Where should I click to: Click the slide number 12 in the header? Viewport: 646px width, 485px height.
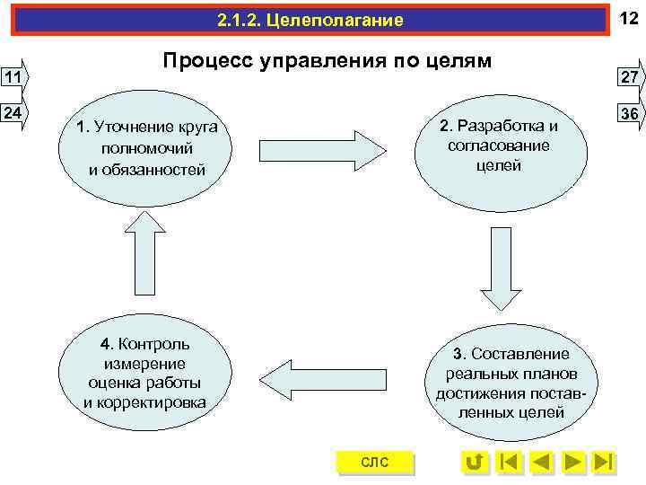point(628,18)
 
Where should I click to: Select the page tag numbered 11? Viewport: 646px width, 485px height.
point(13,77)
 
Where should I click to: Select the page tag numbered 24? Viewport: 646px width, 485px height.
point(13,114)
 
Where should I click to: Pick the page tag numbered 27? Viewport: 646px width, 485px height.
point(629,77)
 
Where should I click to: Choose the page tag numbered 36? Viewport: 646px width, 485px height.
point(629,114)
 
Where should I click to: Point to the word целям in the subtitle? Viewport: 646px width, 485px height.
point(458,61)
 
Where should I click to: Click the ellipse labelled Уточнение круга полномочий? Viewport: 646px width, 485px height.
point(147,147)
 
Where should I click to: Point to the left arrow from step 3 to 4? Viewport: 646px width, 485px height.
point(318,376)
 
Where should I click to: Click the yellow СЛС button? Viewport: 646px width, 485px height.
point(374,463)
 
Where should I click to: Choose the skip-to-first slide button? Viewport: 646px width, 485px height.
point(509,463)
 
